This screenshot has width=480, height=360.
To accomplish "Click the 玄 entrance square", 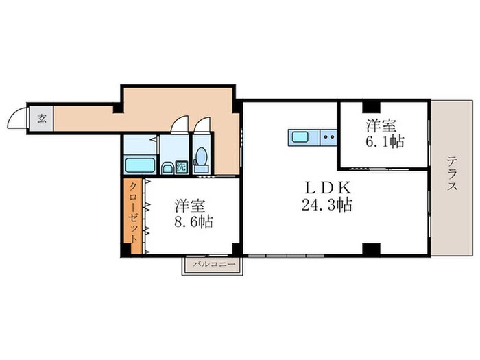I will click(x=41, y=118).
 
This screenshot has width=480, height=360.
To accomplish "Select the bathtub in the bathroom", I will click(x=140, y=165).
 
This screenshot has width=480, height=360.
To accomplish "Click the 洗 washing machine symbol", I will click(x=180, y=165).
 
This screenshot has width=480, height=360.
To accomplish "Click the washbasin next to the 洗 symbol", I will click(x=166, y=167).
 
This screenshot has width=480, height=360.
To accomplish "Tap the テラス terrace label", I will click(x=452, y=177).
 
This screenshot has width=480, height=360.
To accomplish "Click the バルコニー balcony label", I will click(x=213, y=264).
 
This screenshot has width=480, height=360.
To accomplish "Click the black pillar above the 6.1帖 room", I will click(x=371, y=106).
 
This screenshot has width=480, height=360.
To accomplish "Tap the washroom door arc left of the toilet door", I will click(x=178, y=124).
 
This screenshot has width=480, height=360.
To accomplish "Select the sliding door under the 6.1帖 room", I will click(x=384, y=167).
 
